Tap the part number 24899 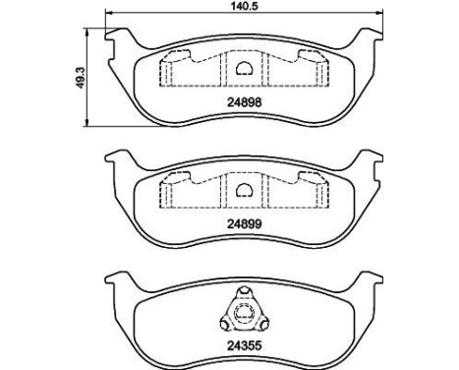tap(242, 223)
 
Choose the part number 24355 tap(242, 345)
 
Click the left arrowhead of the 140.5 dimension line tap(106, 18)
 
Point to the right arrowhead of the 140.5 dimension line tap(377, 18)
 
